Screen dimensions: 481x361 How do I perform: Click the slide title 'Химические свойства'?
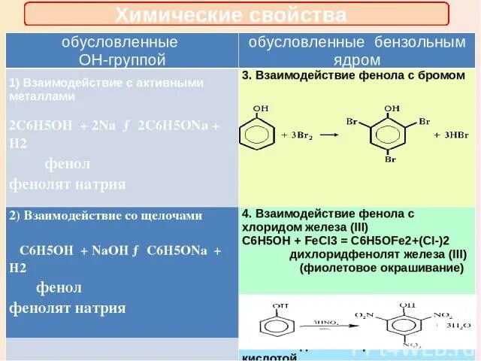point(231,14)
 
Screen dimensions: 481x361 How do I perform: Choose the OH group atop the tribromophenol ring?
point(392,109)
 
